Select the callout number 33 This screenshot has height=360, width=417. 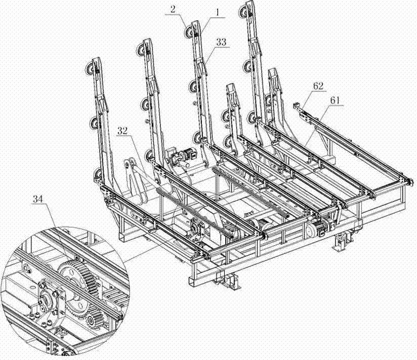221,44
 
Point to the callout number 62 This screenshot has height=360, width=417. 319,86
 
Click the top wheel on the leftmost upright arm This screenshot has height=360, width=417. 93,69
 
